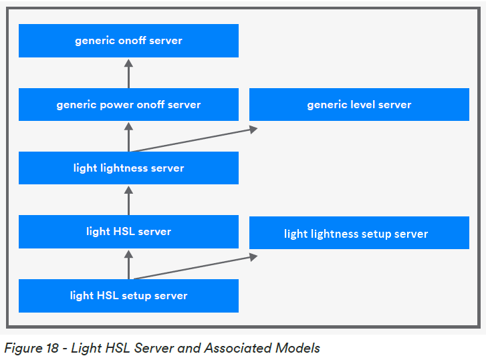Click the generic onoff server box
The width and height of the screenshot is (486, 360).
(x=128, y=41)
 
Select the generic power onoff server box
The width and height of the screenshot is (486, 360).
(x=128, y=105)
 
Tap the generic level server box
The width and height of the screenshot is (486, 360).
(x=359, y=105)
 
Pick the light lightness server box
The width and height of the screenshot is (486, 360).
(x=128, y=168)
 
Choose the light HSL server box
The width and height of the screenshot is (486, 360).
(x=128, y=232)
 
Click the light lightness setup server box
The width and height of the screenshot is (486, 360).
(x=359, y=234)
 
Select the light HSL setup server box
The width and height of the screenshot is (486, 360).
(x=128, y=296)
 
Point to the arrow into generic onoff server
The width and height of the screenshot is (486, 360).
(x=129, y=73)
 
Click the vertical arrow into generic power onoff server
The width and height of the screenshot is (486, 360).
(x=129, y=136)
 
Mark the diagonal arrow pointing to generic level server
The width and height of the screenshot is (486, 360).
(x=194, y=140)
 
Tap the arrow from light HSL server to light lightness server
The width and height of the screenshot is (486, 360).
(x=129, y=200)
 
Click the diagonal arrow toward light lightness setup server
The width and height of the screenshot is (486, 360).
(x=194, y=267)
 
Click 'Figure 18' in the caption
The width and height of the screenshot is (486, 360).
(x=32, y=348)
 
